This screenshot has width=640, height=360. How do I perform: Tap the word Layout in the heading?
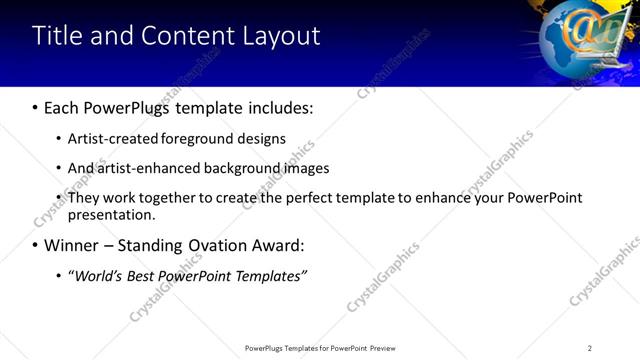click(281, 37)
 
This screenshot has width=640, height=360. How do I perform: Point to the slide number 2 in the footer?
click(589, 348)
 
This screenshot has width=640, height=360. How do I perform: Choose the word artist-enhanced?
click(141, 168)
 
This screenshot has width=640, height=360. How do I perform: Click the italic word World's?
click(97, 275)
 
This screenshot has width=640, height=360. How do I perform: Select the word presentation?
click(111, 214)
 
